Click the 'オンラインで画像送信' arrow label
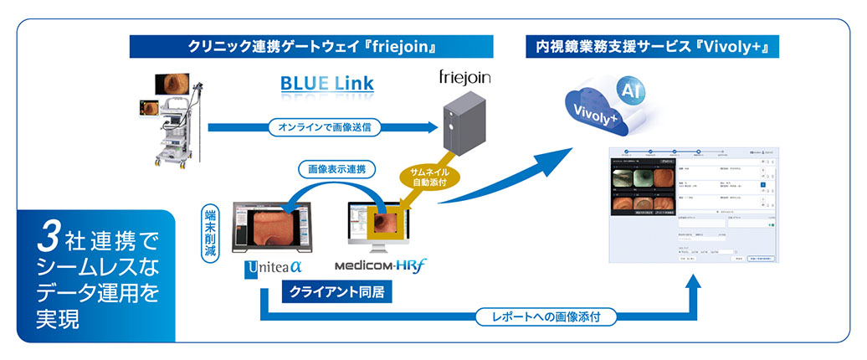pyautogui.click(x=325, y=128)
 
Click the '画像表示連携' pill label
pyautogui.click(x=337, y=168)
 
